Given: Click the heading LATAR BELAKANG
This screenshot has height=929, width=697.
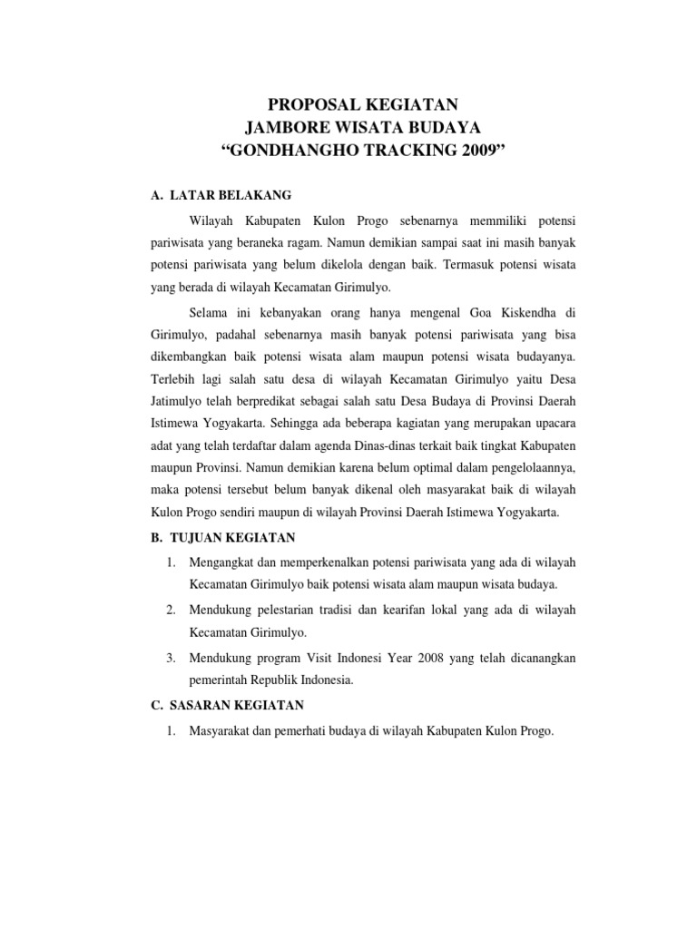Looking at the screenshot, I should point(231,195).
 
